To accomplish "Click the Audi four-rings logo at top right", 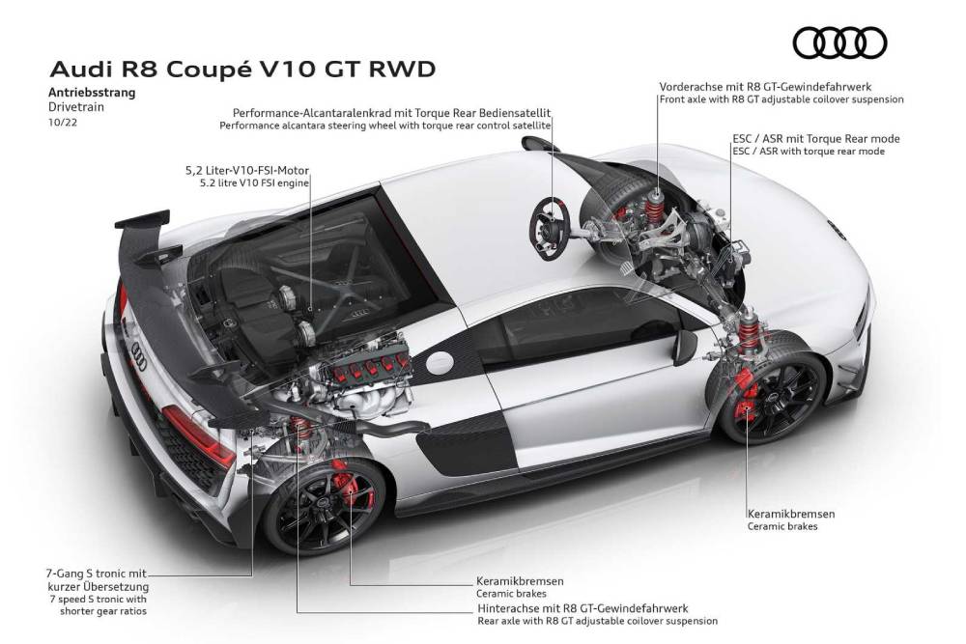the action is pos(839,43).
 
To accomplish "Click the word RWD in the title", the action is pos(402,69).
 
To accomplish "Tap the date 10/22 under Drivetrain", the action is pos(62,122).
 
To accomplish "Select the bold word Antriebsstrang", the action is pos(92,93).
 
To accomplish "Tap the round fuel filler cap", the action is pos(440,363).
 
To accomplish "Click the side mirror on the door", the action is pos(685,347).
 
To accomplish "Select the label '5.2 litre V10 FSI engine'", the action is pos(254,182).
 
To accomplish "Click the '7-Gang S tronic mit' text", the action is pos(96,574).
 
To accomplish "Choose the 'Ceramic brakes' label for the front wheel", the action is pos(782,526).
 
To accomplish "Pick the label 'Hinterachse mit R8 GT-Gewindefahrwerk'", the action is pos(582,608).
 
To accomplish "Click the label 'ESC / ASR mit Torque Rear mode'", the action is pos(816,138).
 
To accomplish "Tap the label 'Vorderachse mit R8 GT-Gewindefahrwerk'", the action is pos(765,87).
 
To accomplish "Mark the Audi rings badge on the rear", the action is pos(138,356).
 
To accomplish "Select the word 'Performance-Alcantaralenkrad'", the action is pos(312,113).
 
